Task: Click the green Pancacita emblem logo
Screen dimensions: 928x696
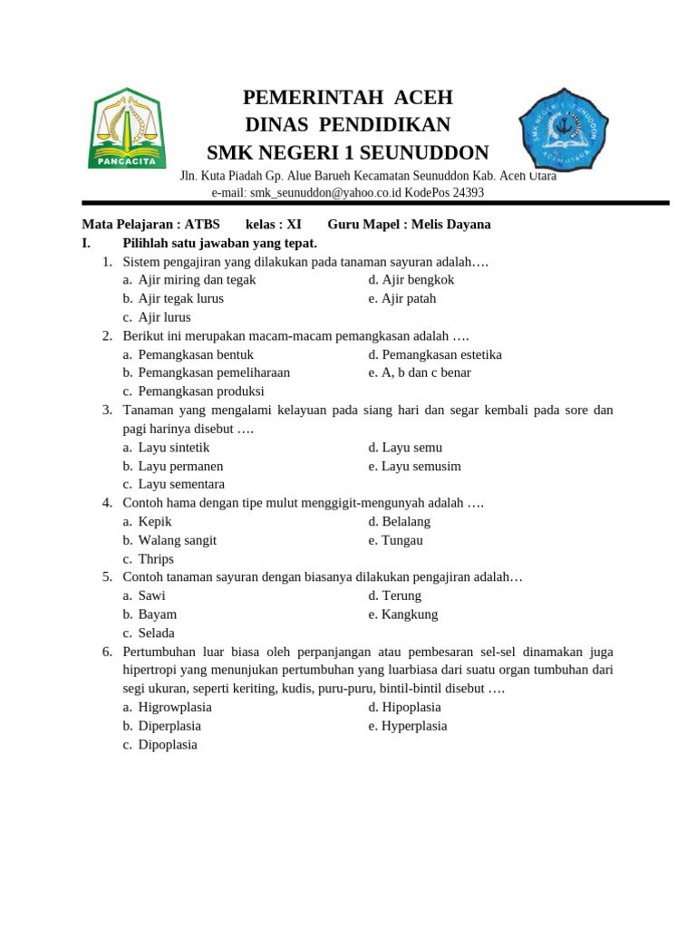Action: point(127,128)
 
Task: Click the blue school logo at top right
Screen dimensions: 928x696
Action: point(563,128)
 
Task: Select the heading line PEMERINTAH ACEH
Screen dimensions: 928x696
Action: point(348,98)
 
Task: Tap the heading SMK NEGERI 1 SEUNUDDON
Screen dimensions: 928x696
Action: point(348,152)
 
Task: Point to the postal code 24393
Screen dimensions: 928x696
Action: point(468,193)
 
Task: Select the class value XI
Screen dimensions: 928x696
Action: point(294,225)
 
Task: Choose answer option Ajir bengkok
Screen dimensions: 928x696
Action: point(418,280)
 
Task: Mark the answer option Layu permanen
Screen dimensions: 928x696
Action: point(180,466)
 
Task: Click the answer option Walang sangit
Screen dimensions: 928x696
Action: point(177,540)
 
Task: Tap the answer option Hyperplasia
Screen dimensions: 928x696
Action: point(414,726)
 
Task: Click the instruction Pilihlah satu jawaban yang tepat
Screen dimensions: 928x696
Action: point(219,243)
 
